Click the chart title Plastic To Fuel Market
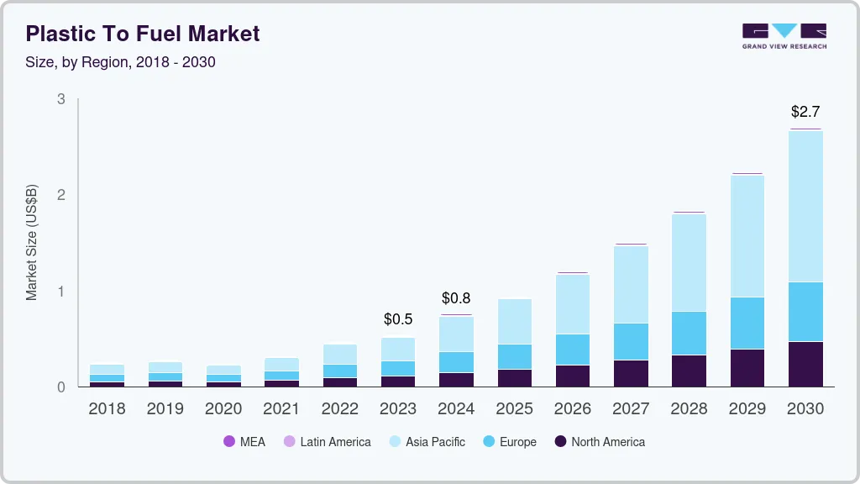coord(143,34)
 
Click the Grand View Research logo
coord(784,36)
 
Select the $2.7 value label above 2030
coord(805,111)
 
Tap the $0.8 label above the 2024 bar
coord(456,297)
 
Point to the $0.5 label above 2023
coord(398,319)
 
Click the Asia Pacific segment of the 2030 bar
coord(805,206)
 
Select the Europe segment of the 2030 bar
coord(805,312)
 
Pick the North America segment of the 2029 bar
coord(747,367)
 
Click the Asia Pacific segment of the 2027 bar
coord(631,284)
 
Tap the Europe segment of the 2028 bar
coord(689,333)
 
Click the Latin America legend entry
coord(328,441)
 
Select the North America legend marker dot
coord(559,441)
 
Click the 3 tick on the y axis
coord(60,99)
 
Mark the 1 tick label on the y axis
coord(60,292)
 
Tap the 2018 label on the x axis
coord(107,409)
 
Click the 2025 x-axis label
coord(514,409)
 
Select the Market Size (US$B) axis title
coord(32,243)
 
